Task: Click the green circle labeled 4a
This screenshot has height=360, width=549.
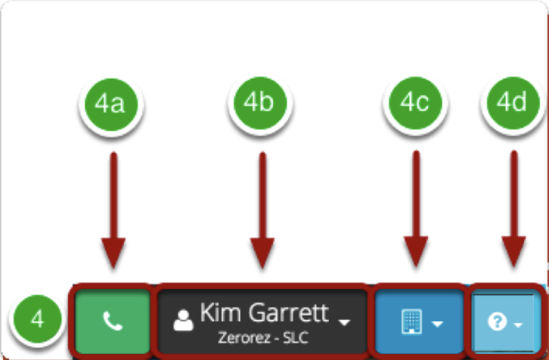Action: [x=111, y=104]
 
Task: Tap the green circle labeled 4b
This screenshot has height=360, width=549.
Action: [x=260, y=103]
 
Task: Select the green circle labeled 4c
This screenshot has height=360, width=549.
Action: [x=416, y=103]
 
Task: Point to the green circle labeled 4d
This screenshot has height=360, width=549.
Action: [x=513, y=103]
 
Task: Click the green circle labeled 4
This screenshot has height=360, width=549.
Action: [x=38, y=318]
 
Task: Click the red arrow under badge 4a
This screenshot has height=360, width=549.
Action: [x=113, y=210]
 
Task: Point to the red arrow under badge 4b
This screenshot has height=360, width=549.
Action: [x=262, y=210]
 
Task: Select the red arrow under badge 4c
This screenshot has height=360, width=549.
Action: [x=416, y=209]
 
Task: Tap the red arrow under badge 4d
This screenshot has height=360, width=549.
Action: [x=513, y=209]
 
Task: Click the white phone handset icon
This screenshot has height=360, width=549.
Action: [x=113, y=321]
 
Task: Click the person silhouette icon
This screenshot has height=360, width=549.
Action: [x=183, y=320]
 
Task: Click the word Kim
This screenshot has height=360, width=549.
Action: [x=222, y=312]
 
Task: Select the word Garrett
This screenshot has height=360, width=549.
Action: [x=289, y=312]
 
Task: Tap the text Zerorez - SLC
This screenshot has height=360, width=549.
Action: [x=263, y=337]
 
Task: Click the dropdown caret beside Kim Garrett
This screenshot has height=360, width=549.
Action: [x=345, y=322]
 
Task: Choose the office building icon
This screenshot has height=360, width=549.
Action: [x=411, y=321]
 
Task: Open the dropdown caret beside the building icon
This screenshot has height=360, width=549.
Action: [x=437, y=324]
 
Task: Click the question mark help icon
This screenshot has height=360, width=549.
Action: [x=497, y=321]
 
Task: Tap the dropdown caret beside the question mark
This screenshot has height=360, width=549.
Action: [x=518, y=325]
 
